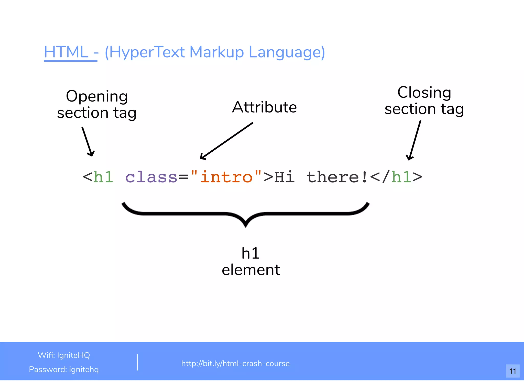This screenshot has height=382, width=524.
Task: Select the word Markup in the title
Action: click(x=217, y=52)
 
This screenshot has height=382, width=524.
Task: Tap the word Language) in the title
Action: click(x=287, y=52)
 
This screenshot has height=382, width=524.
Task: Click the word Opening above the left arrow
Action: click(x=97, y=96)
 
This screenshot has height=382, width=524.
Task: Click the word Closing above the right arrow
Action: click(x=424, y=92)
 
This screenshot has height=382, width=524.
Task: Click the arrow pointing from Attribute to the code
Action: click(x=226, y=141)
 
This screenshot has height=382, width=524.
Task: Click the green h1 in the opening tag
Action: click(x=103, y=177)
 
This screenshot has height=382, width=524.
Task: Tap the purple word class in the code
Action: click(x=151, y=177)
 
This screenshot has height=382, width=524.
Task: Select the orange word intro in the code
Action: click(x=226, y=177)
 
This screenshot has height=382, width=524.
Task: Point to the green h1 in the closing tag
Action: click(x=401, y=177)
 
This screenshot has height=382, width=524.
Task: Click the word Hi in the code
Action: click(x=284, y=177)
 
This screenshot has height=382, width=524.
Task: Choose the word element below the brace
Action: click(x=251, y=270)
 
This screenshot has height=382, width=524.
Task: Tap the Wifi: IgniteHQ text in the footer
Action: click(x=64, y=355)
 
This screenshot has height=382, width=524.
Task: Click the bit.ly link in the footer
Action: click(x=235, y=363)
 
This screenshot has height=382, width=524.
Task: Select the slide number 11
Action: click(x=512, y=371)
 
